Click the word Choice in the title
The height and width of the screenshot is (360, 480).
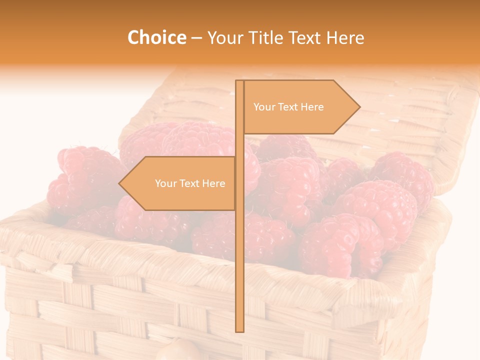click(156, 37)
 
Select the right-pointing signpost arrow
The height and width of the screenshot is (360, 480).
click(300, 107)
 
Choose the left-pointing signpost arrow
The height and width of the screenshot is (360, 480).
click(180, 183)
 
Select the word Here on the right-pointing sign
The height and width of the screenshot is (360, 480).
click(311, 107)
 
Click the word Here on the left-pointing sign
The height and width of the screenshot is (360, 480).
click(213, 183)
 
